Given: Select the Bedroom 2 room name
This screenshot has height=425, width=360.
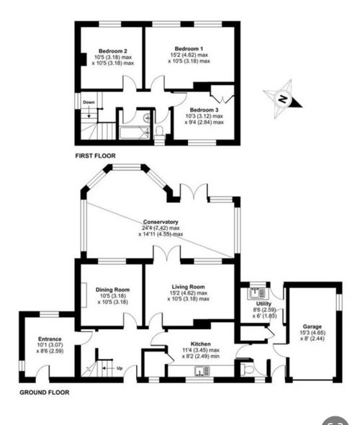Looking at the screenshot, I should [112, 51].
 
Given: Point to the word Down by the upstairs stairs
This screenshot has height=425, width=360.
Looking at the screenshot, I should [89, 102].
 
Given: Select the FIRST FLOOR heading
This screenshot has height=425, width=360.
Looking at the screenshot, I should [95, 155].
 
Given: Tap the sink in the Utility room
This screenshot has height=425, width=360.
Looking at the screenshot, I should [254, 292].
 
